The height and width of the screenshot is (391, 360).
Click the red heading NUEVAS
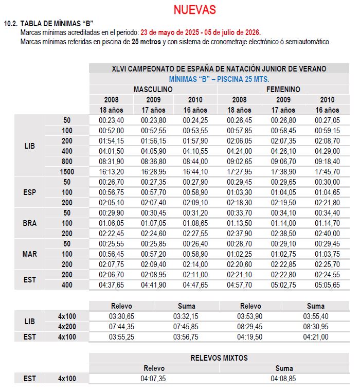(194, 10)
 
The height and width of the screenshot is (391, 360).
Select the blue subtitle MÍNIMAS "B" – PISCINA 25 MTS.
(219, 79)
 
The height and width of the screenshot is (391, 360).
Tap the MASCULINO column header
(153, 90)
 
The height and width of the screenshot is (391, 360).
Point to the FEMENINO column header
(283, 90)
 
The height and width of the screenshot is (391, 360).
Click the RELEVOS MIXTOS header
(219, 358)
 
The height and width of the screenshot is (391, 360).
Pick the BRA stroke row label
(30, 223)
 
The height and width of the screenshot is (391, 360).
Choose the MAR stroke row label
(30, 254)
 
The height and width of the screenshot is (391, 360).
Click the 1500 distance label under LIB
(67, 171)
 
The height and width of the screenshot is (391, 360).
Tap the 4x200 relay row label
(67, 326)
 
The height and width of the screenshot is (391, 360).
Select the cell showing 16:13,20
(110, 171)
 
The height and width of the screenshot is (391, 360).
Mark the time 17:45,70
(327, 171)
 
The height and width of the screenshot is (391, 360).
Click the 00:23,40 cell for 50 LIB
(110, 120)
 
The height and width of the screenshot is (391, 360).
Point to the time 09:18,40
(327, 161)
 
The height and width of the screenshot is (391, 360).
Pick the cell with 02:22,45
(110, 234)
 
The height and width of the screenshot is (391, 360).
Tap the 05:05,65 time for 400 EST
(327, 285)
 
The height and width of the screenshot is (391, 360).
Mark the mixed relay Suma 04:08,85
(284, 379)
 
